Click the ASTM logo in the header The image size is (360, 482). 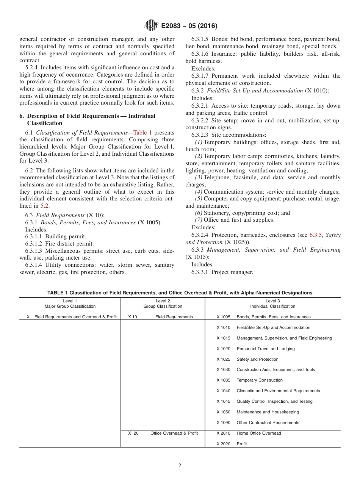pyautogui.click(x=151, y=26)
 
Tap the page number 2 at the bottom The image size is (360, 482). pyautogui.click(x=180, y=466)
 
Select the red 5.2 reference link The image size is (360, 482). pyautogui.click(x=45, y=206)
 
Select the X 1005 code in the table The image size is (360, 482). pyautogui.click(x=223, y=317)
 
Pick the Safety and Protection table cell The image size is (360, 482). pyautogui.click(x=257, y=359)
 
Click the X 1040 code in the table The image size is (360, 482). pyautogui.click(x=223, y=391)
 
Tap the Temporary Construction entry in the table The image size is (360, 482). pyautogui.click(x=260, y=380)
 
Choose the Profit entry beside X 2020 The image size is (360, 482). pyautogui.click(x=241, y=444)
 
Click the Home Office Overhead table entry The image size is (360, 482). pyautogui.click(x=259, y=433)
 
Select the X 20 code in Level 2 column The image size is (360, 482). pyautogui.click(x=133, y=433)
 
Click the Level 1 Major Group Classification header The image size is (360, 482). pyautogui.click(x=70, y=304)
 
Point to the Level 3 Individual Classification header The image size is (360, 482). pyautogui.click(x=272, y=304)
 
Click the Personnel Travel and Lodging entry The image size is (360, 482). pyautogui.click(x=265, y=349)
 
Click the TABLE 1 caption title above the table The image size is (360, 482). pyautogui.click(x=180, y=293)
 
